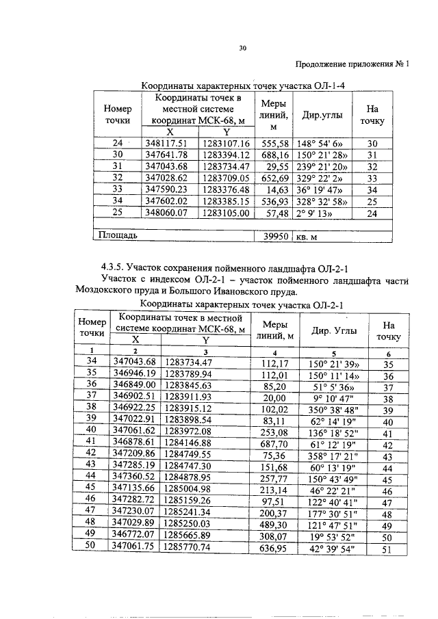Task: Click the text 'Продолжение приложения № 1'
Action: pos(352,66)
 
